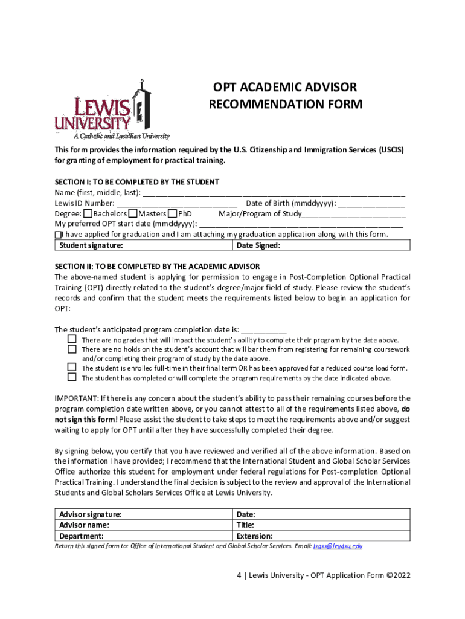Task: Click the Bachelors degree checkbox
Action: pyautogui.click(x=88, y=214)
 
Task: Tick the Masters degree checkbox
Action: pyautogui.click(x=133, y=214)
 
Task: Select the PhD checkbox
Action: pyautogui.click(x=173, y=214)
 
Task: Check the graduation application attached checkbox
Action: pyautogui.click(x=58, y=235)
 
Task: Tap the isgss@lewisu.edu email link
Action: pyautogui.click(x=338, y=546)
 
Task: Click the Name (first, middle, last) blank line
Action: pyautogui.click(x=274, y=193)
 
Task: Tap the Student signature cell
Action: pyautogui.click(x=143, y=245)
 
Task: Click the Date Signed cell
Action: pyautogui.click(x=321, y=245)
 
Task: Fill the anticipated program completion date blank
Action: pyautogui.click(x=264, y=330)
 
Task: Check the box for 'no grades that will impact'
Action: pyautogui.click(x=72, y=340)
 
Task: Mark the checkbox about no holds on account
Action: pyautogui.click(x=72, y=349)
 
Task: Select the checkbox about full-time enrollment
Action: pyautogui.click(x=72, y=368)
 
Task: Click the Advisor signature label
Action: pyautogui.click(x=90, y=514)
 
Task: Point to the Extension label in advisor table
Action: pyautogui.click(x=255, y=536)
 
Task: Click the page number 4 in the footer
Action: pyautogui.click(x=239, y=575)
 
